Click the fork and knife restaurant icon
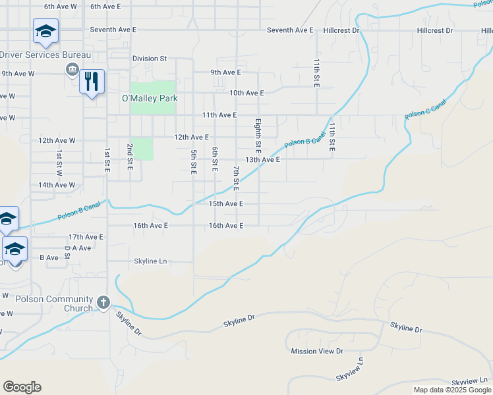click(92, 82)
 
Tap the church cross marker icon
click(103, 302)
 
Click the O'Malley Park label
click(150, 98)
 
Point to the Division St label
click(149, 59)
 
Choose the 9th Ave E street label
click(225, 72)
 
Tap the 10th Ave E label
click(246, 93)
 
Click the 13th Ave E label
click(262, 159)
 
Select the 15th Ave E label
click(226, 204)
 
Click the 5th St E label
click(194, 162)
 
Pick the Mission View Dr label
click(317, 351)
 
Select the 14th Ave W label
click(57, 185)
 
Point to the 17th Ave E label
click(86, 236)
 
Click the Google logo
click(22, 387)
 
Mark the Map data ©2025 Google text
click(451, 390)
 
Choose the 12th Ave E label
click(191, 137)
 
